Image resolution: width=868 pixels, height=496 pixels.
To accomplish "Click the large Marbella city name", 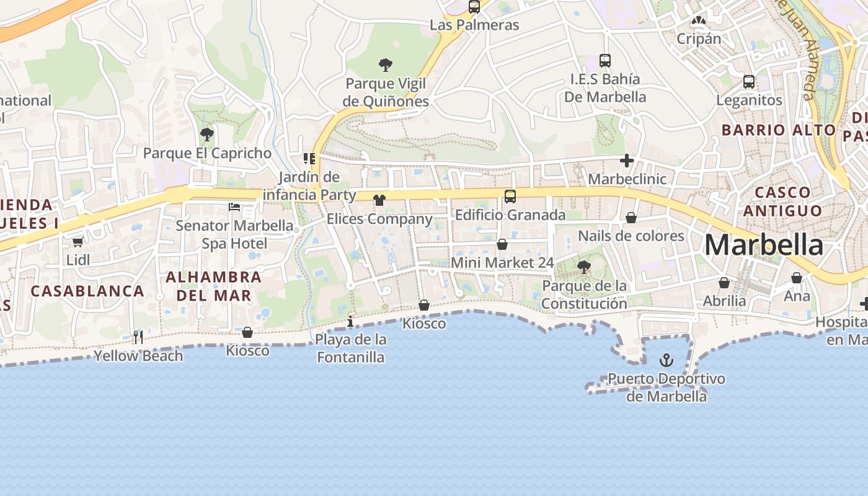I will [764, 246].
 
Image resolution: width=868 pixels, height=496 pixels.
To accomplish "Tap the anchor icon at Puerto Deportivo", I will [666, 360].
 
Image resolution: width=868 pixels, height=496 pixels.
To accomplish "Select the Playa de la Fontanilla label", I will [351, 348].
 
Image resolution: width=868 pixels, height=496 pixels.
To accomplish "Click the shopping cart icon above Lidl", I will [78, 242].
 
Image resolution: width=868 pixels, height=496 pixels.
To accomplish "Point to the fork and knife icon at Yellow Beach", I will [138, 337].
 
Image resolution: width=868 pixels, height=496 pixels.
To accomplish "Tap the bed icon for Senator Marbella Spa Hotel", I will [234, 206].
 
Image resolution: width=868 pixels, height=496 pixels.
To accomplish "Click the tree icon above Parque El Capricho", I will [207, 134].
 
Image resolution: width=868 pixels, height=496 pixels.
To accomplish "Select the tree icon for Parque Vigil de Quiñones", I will [386, 64].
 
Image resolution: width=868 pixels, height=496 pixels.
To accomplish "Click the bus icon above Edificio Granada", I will [510, 197].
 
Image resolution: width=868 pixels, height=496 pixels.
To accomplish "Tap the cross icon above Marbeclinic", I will [627, 161].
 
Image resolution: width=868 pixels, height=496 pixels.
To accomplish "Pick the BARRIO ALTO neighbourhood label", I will [779, 130].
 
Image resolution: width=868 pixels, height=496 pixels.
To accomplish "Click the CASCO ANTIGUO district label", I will [782, 201].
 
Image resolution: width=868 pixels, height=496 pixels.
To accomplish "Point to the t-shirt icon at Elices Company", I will [379, 200].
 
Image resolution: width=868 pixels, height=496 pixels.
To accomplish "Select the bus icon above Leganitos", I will [749, 82].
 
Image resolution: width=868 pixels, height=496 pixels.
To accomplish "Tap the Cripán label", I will [699, 38].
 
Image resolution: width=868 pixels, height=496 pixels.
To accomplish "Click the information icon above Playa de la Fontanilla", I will [350, 321].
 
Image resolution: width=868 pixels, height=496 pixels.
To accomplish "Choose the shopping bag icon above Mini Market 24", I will [502, 245].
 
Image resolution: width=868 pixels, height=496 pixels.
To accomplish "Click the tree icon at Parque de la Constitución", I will [583, 267].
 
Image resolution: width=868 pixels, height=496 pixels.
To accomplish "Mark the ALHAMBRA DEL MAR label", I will [215, 286].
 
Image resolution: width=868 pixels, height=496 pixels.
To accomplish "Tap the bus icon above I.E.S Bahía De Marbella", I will [605, 61].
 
